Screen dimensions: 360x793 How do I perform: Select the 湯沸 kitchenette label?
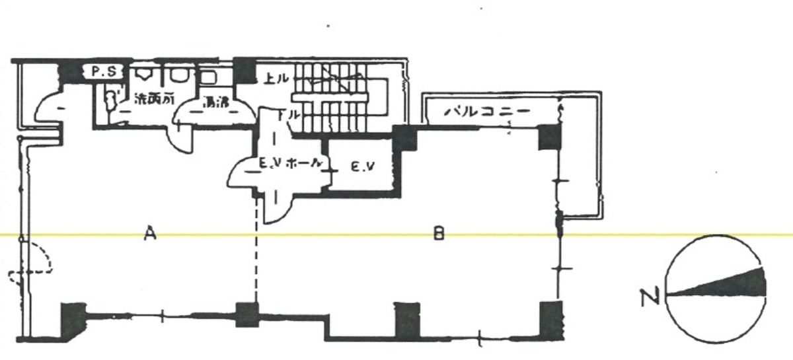tap(216, 102)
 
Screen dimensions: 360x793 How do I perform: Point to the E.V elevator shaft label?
tap(362, 168)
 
